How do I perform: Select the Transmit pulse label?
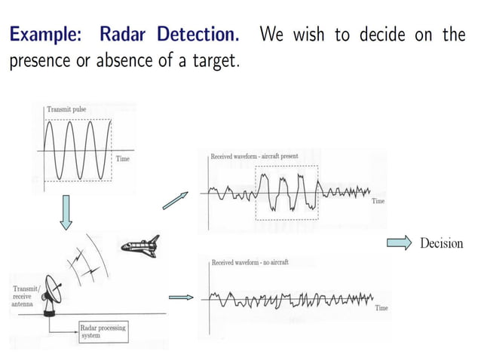click(x=66, y=110)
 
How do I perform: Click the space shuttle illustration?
click(x=139, y=246)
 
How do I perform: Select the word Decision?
click(x=441, y=243)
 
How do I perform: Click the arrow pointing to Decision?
click(x=399, y=243)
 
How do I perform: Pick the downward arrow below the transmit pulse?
click(x=66, y=212)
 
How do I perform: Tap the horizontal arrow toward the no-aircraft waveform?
click(x=179, y=297)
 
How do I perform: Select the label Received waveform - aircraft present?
click(x=254, y=157)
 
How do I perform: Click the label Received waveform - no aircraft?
click(x=250, y=262)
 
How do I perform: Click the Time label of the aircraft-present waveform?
click(x=378, y=202)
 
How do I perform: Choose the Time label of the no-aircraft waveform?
click(x=381, y=308)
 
